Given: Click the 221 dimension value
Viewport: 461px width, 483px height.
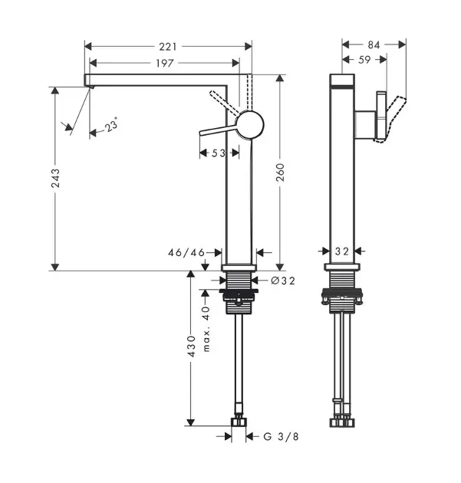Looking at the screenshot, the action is pyautogui.click(x=168, y=47).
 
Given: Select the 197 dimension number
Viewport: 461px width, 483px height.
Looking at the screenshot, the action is pyautogui.click(x=165, y=64).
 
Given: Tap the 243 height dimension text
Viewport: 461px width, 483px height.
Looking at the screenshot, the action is pyautogui.click(x=55, y=178).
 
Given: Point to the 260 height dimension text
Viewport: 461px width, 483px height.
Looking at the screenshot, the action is pyautogui.click(x=280, y=172).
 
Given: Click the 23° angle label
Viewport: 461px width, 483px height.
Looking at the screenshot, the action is pyautogui.click(x=111, y=125).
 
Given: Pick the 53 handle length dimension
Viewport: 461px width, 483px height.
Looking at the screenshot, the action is pyautogui.click(x=219, y=153).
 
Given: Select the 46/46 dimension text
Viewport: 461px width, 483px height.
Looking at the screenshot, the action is pyautogui.click(x=186, y=253).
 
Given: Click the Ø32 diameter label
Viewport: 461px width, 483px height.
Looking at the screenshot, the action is pyautogui.click(x=283, y=281).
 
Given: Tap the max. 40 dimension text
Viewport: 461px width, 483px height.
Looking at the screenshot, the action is pyautogui.click(x=206, y=329).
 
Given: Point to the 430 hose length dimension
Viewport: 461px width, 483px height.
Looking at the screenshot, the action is pyautogui.click(x=191, y=347).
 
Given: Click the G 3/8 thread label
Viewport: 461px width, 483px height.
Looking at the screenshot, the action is pyautogui.click(x=281, y=436).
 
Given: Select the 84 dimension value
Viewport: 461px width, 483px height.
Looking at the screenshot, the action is pyautogui.click(x=374, y=45).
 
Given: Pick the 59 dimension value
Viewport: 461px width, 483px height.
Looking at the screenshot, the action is pyautogui.click(x=364, y=60).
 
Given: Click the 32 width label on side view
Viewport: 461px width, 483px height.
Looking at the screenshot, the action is pyautogui.click(x=342, y=251).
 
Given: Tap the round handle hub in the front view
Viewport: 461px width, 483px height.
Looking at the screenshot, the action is pyautogui.click(x=249, y=125).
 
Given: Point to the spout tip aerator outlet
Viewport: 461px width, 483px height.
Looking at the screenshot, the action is pyautogui.click(x=91, y=87).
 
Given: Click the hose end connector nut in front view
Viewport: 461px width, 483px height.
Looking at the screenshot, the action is pyautogui.click(x=239, y=422).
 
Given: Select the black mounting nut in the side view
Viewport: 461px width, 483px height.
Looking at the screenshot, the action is pyautogui.click(x=342, y=296).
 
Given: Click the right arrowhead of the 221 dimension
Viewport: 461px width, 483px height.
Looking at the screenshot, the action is pyautogui.click(x=249, y=47).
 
